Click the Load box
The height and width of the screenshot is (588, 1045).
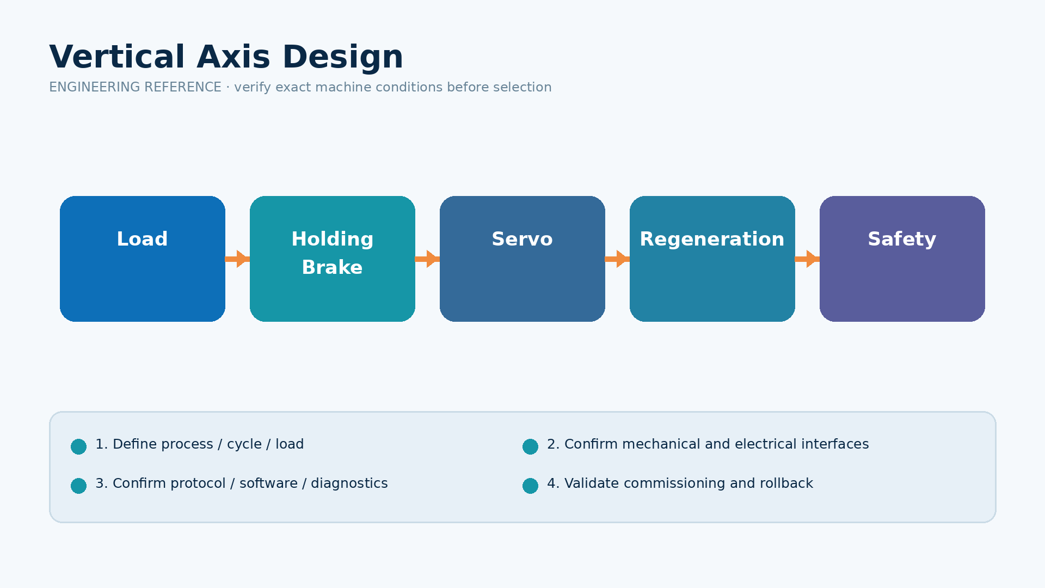(143, 259)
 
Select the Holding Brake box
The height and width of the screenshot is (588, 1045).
(333, 259)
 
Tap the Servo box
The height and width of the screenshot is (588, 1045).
(522, 259)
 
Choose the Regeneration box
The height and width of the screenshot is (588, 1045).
(712, 259)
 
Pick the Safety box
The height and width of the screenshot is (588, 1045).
(902, 259)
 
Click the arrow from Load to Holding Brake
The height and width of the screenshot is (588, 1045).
(237, 259)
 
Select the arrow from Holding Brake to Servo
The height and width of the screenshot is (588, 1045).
(427, 259)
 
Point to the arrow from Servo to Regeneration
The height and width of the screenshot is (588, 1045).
(617, 259)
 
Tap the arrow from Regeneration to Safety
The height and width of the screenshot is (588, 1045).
(807, 259)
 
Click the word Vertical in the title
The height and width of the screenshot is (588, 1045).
(117, 57)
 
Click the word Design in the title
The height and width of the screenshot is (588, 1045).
(343, 57)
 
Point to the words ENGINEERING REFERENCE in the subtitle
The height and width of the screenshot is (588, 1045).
(135, 87)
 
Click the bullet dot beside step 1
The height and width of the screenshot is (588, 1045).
(78, 446)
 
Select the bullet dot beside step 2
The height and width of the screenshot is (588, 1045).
(530, 446)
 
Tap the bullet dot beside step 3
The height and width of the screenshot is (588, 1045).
(78, 486)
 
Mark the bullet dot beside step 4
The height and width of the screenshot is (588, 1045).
(530, 486)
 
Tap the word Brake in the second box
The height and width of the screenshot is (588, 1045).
(332, 268)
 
